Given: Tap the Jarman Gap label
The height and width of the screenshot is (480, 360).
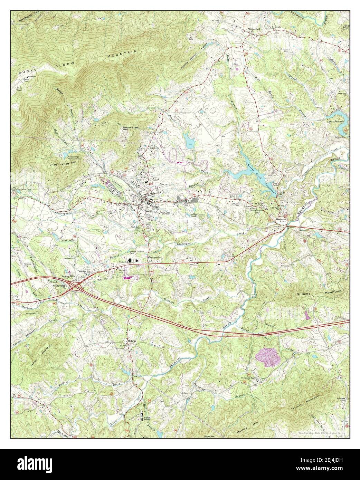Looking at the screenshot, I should point(20,189).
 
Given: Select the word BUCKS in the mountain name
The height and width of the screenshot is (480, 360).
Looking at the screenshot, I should point(27,69).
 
